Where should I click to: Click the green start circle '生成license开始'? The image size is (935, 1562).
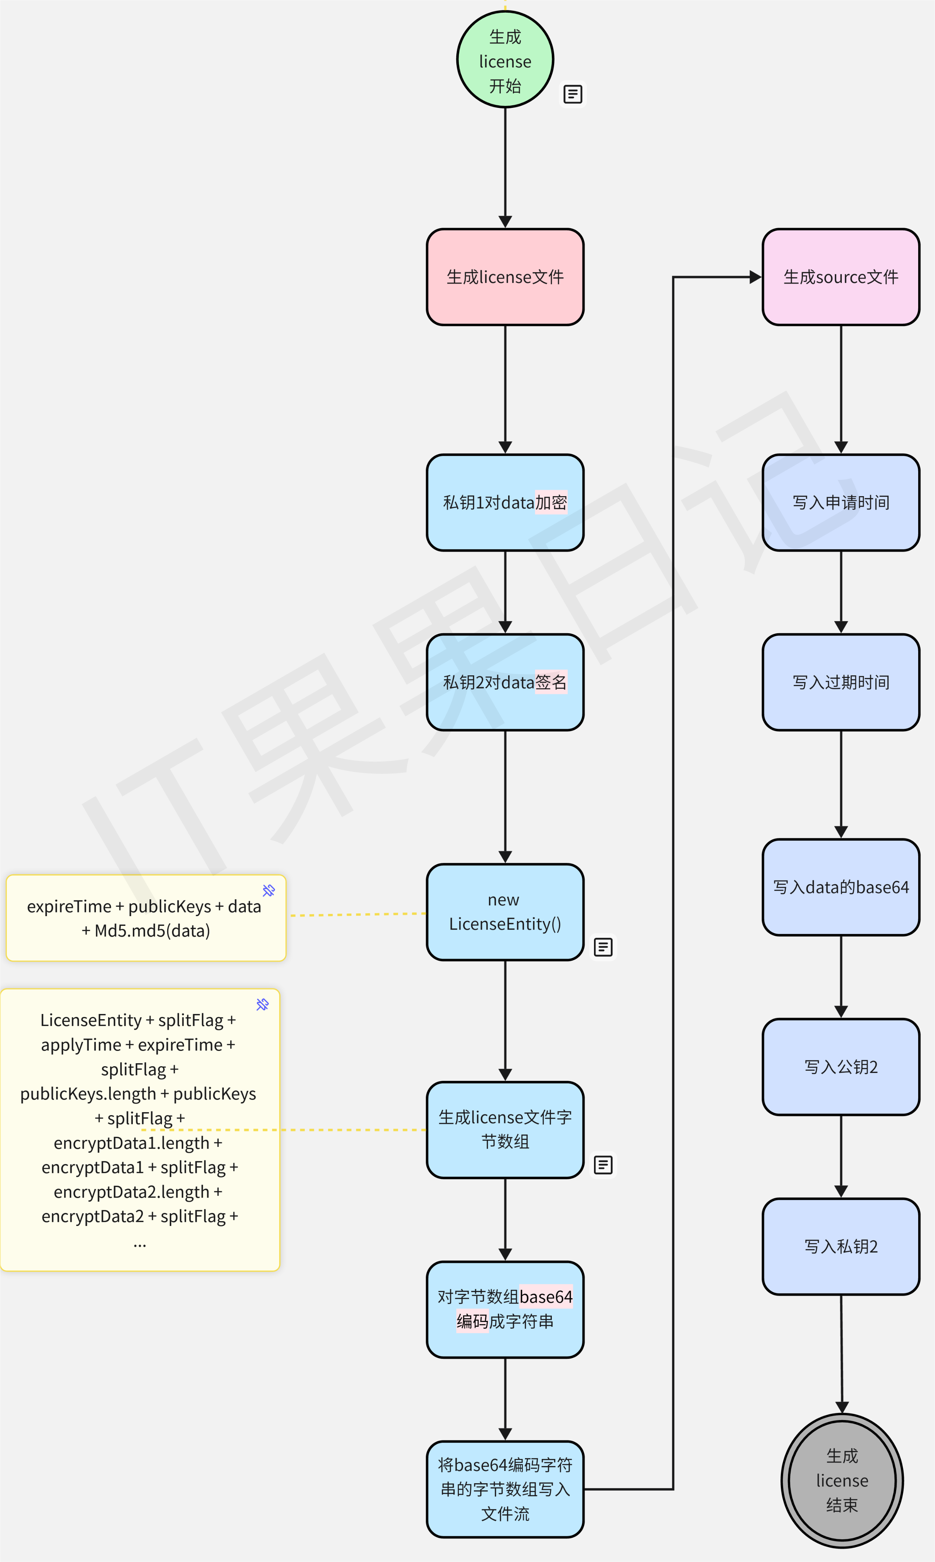click(505, 60)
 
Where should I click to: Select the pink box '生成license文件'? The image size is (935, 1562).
click(505, 277)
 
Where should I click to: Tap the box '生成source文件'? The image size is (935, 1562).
click(841, 277)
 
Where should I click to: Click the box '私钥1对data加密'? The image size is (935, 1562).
click(505, 502)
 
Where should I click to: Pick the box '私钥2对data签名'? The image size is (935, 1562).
click(505, 682)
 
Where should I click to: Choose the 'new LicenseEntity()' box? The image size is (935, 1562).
click(505, 912)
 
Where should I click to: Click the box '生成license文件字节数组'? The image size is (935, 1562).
click(505, 1130)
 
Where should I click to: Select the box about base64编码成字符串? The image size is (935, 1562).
click(505, 1309)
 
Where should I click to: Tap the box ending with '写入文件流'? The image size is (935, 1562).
click(505, 1489)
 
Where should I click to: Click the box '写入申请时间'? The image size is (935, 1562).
click(841, 502)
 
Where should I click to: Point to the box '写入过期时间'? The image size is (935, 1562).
click(841, 682)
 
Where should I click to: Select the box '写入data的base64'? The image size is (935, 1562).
click(841, 887)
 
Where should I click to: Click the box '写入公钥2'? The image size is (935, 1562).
click(841, 1067)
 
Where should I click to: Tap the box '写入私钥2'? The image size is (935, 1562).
click(841, 1246)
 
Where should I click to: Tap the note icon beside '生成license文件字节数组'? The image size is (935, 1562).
click(603, 1165)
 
